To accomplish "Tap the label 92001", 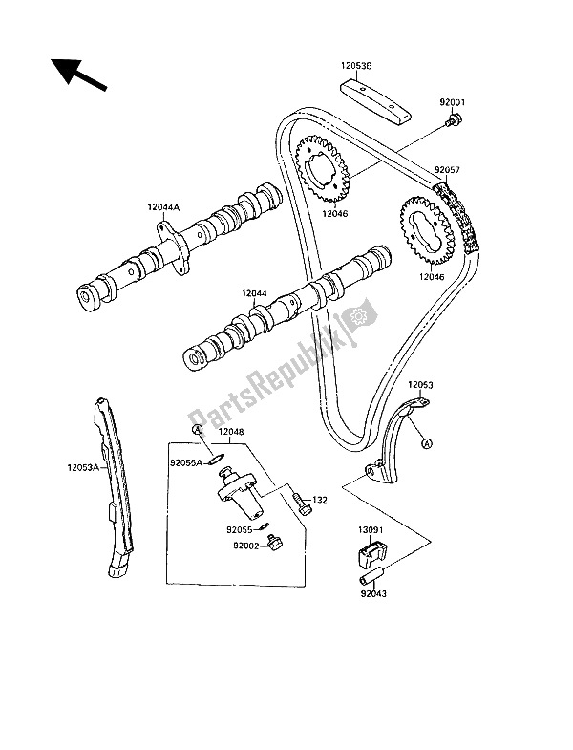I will [453, 99].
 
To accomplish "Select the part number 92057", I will [450, 169].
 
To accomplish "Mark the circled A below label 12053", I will [426, 442].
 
